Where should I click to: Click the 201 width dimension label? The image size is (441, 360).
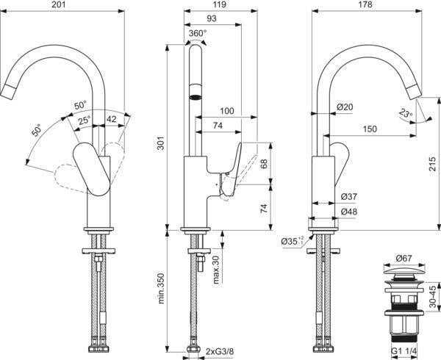59,5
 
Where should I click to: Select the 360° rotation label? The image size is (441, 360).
198,34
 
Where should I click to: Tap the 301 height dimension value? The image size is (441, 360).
160,143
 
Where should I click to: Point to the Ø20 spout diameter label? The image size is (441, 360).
345,107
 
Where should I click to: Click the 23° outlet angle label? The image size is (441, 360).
406,113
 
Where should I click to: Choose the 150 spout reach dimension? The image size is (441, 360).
370,129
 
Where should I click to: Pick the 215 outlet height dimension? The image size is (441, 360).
433,164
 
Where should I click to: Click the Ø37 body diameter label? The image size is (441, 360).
348,196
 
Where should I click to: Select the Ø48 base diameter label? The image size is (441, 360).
348,212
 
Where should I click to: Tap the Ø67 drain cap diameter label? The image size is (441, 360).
404,258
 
